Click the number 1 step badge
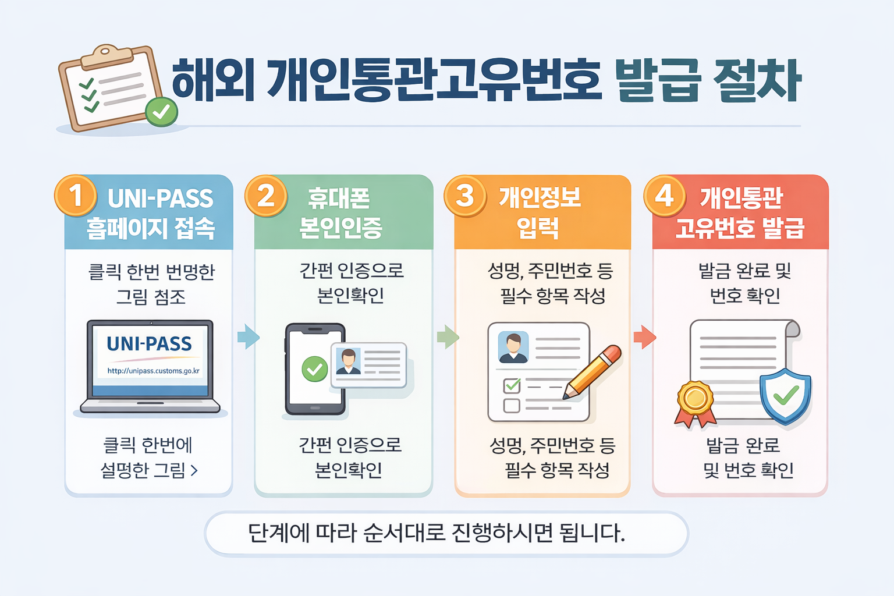(76, 196)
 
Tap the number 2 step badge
(266, 196)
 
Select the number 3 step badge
(465, 196)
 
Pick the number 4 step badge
(665, 196)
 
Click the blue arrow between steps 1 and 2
(249, 336)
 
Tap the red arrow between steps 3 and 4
(644, 337)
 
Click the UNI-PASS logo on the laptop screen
(149, 344)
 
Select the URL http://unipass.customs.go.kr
(153, 371)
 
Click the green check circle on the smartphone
(315, 369)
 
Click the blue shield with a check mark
(786, 395)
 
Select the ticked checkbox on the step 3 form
(512, 385)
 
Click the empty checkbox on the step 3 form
(512, 405)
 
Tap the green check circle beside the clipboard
(161, 112)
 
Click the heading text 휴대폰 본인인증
(340, 213)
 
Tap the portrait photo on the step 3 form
(513, 347)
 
